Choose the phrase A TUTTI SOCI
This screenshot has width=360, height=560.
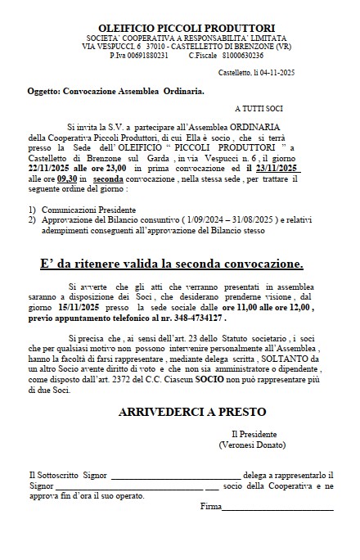coord(260,107)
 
